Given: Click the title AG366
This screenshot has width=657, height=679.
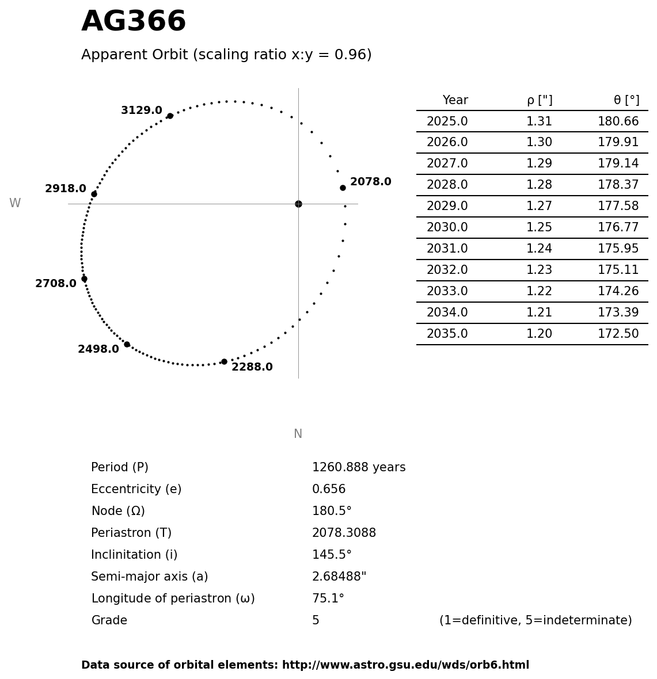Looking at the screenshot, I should click(x=134, y=22).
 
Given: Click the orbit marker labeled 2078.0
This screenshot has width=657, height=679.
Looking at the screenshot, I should click(x=343, y=188).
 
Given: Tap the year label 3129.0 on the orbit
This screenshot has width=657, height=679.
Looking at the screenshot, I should click(x=142, y=110).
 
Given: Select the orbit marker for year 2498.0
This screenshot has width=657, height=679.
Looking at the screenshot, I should click(x=127, y=344).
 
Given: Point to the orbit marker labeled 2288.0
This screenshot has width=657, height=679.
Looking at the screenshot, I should click(x=224, y=361).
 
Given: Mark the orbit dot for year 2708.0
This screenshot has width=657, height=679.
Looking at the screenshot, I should click(x=84, y=279).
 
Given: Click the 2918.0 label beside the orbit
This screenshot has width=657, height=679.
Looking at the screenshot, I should click(x=66, y=189).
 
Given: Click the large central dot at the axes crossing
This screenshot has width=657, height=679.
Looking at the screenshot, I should click(x=298, y=204).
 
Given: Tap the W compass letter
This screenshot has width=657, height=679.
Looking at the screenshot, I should click(x=15, y=204).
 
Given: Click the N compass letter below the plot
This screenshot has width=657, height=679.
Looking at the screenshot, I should click(x=298, y=434).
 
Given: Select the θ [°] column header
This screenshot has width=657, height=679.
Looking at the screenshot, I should click(x=626, y=101).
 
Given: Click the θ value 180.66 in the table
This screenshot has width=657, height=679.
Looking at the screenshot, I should click(x=618, y=122).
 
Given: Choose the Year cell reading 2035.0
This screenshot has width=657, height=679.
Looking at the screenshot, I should click(x=447, y=334).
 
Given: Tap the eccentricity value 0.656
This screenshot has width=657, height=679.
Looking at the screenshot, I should click(x=329, y=490).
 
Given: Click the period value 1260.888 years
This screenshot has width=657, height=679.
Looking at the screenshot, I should click(x=359, y=468).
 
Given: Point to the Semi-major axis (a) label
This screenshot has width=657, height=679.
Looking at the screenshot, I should click(x=150, y=577).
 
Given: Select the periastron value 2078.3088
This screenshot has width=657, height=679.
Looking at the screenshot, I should click(x=344, y=533).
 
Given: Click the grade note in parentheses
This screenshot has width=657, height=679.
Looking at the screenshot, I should click(x=536, y=621).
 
